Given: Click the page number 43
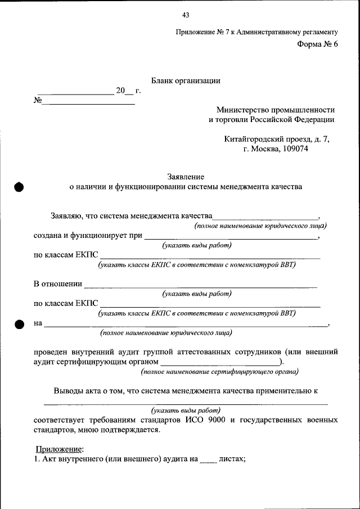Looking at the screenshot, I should pos(186,15).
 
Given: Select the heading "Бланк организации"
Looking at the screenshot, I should pos(186,80).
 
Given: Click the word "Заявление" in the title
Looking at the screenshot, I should pos(186,177).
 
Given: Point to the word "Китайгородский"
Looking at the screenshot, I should pos(252,139).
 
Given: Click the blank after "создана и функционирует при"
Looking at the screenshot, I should pos(231,237).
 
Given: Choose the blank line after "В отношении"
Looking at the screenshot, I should pos(200,285).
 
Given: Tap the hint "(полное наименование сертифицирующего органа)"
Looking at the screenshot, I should pos(219,372).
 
